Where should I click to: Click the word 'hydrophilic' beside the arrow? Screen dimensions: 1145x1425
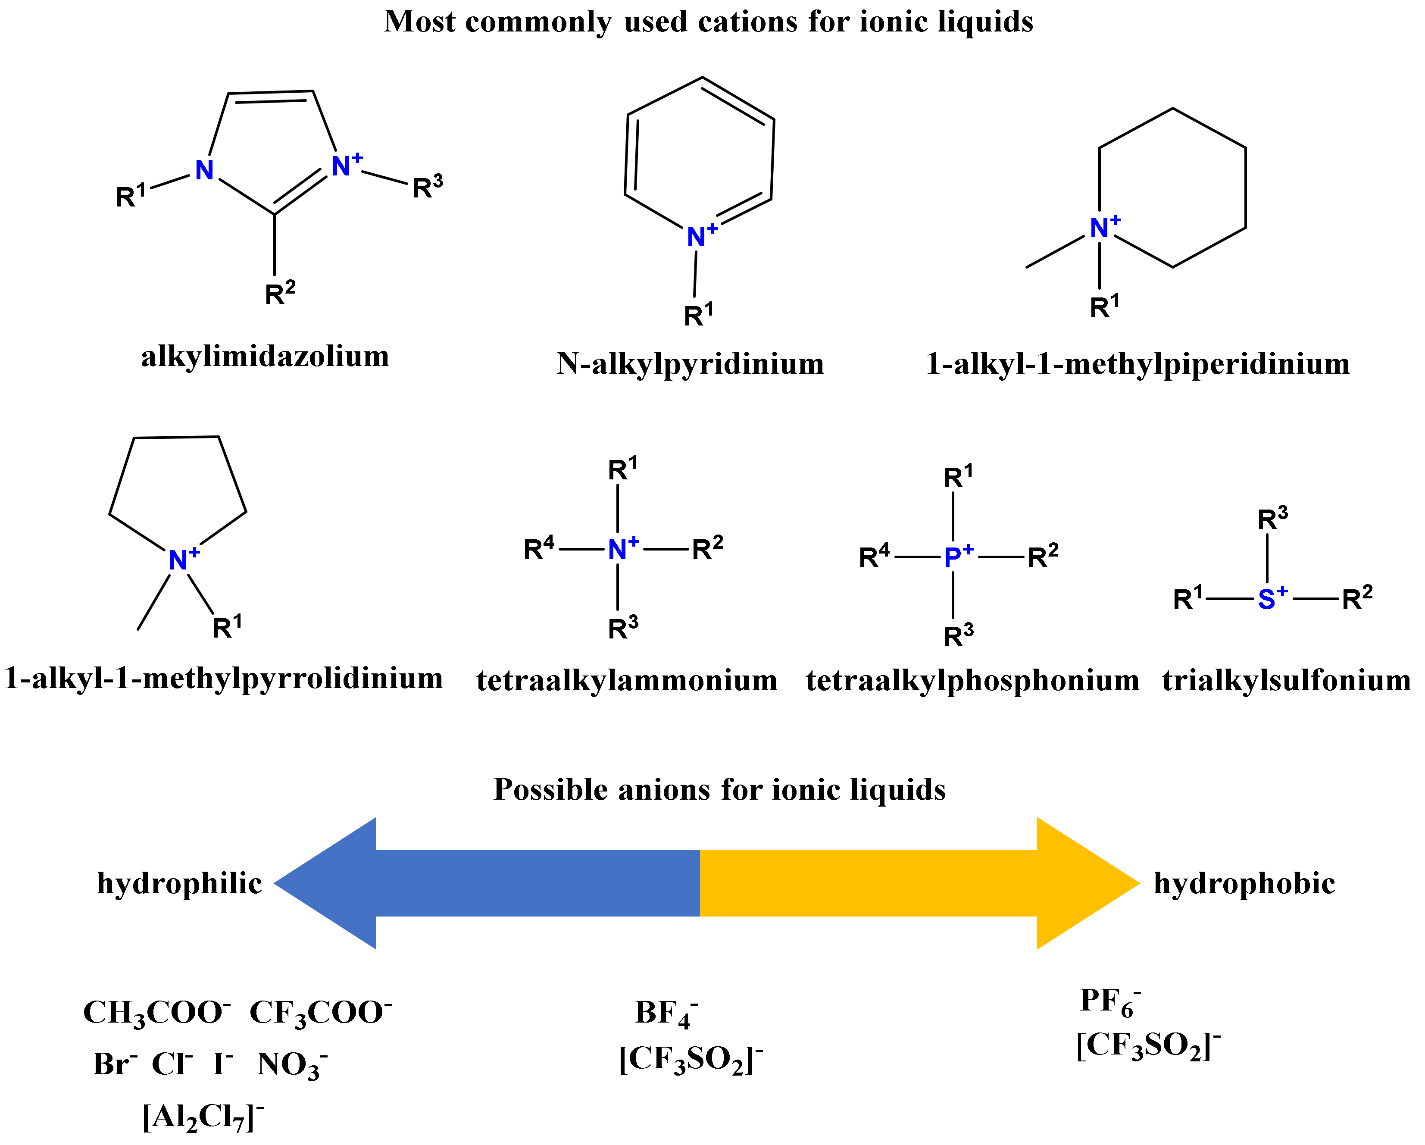pos(179,884)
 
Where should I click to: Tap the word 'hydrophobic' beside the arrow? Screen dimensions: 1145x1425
pos(1244,884)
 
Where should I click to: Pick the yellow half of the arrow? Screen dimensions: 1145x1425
pos(892,883)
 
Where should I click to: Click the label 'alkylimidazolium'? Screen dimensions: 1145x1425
pos(265,357)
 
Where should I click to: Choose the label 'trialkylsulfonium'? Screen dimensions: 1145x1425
pos(1286,680)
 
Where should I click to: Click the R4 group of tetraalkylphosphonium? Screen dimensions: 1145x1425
pos(874,557)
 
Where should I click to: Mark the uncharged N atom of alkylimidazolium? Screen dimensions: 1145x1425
pos(204,171)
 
